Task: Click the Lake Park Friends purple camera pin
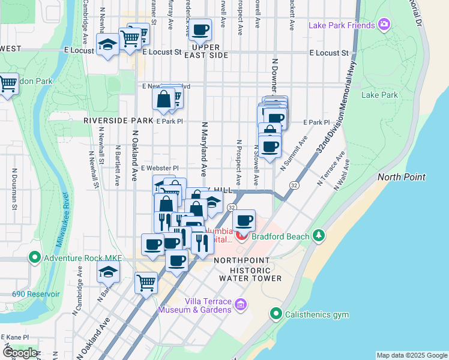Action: tap(384, 25)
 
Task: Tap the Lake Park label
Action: tap(379, 95)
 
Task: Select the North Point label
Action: tap(402, 177)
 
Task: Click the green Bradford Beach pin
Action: tap(319, 235)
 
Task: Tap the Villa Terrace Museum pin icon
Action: tap(241, 305)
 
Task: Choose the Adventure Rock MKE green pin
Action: tap(34, 258)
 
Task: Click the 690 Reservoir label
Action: tap(36, 294)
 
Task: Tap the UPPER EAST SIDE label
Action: tap(210, 51)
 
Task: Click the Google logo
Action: tap(19, 352)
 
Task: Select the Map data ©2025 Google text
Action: tap(411, 355)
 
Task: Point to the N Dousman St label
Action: tap(14, 186)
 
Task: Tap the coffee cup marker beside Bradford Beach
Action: tap(244, 221)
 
